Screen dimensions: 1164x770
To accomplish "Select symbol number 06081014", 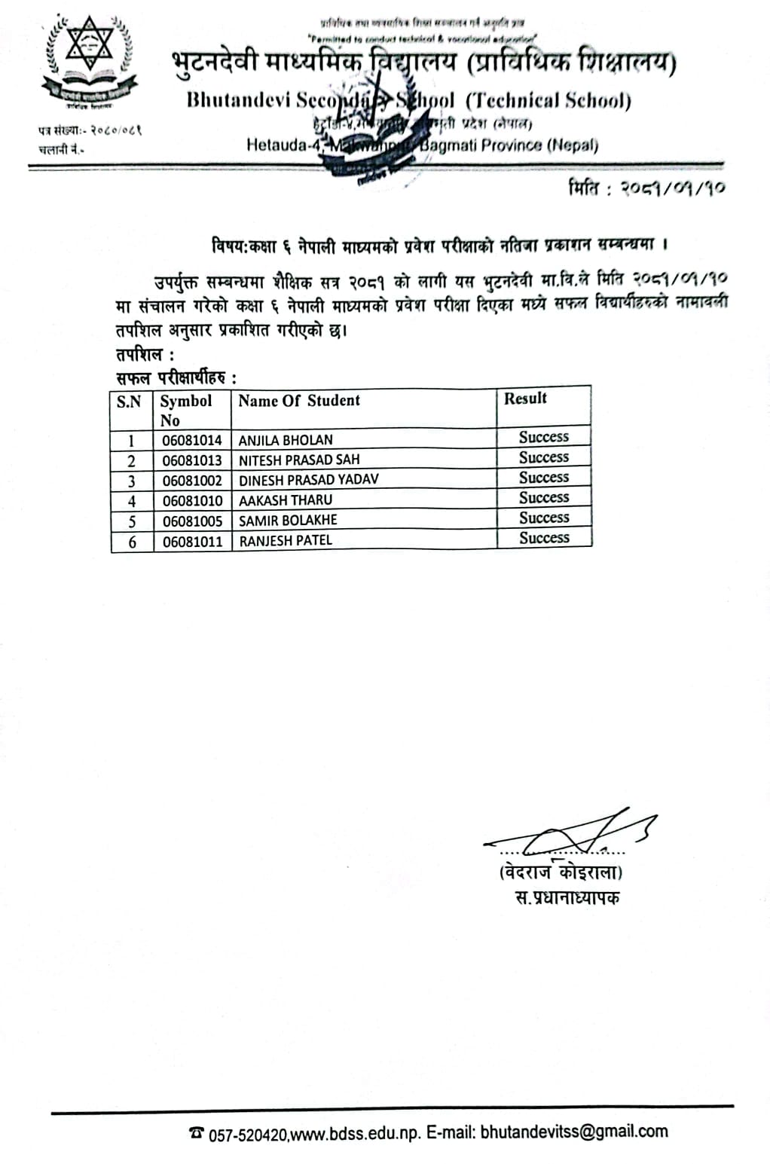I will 192,440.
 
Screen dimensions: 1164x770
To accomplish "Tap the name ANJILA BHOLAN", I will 286,440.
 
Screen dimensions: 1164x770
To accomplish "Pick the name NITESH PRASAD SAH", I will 299,460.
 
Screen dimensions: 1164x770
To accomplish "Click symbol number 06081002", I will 192,480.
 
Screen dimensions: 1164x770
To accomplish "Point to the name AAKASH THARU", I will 286,500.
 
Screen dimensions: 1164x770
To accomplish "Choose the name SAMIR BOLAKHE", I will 288,520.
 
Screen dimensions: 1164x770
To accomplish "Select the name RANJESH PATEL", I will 286,540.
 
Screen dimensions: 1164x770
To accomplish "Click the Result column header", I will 525,399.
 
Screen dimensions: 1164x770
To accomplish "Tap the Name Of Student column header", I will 299,401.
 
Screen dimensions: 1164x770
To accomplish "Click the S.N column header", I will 129,402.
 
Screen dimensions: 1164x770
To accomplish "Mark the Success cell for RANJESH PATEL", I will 544,538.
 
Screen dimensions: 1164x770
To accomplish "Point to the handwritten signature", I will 573,833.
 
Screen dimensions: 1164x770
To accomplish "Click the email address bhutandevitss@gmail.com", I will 573,1131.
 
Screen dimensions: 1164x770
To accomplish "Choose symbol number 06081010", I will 192,500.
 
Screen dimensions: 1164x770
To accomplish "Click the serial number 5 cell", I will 132,521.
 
